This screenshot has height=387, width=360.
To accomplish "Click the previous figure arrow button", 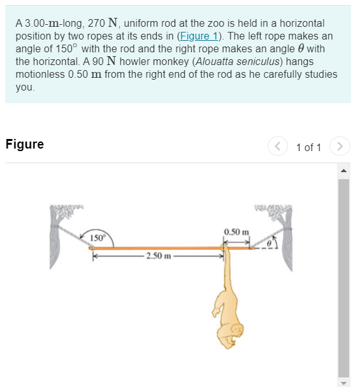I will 277,147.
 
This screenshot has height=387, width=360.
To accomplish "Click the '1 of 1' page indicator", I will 309,147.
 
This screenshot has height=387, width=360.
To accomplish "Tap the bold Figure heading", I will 24,144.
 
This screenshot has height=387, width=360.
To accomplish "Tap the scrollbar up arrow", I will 343,170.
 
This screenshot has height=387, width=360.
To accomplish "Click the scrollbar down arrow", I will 343,382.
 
